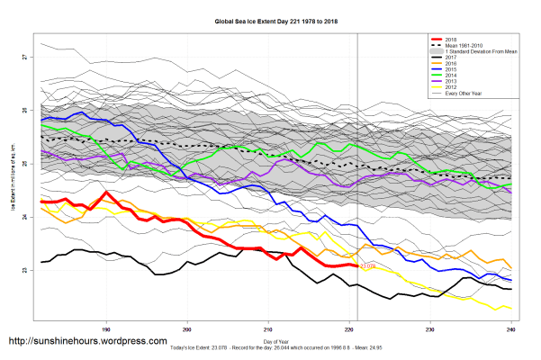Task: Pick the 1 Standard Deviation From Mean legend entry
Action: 476,53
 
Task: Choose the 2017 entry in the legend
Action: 450,59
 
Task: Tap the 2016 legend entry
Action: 450,66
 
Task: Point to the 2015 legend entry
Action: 450,72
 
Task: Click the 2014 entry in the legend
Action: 450,78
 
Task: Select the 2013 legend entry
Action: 450,85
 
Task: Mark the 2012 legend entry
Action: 450,91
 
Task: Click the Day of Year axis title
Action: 274,338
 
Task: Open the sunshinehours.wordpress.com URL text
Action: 87,342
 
